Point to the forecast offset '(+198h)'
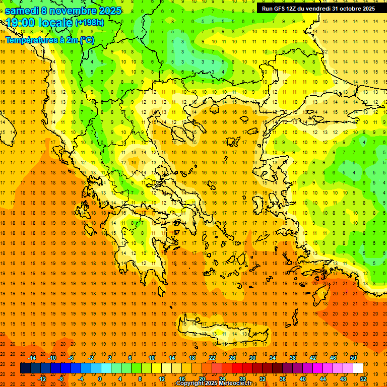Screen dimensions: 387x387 tap(89, 23)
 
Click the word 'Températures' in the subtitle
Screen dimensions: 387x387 tap(29, 40)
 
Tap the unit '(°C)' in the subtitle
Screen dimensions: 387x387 tap(86, 40)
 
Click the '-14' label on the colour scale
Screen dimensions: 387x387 tap(32, 357)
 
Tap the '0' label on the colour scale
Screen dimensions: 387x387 tap(99, 378)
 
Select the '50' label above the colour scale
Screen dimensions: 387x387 tap(353, 357)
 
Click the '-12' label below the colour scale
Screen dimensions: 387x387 tap(42, 378)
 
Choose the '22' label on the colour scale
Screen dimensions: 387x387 tap(212, 357)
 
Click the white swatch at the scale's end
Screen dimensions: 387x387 tap(358, 368)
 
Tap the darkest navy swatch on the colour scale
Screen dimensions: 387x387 tap(25, 368)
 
